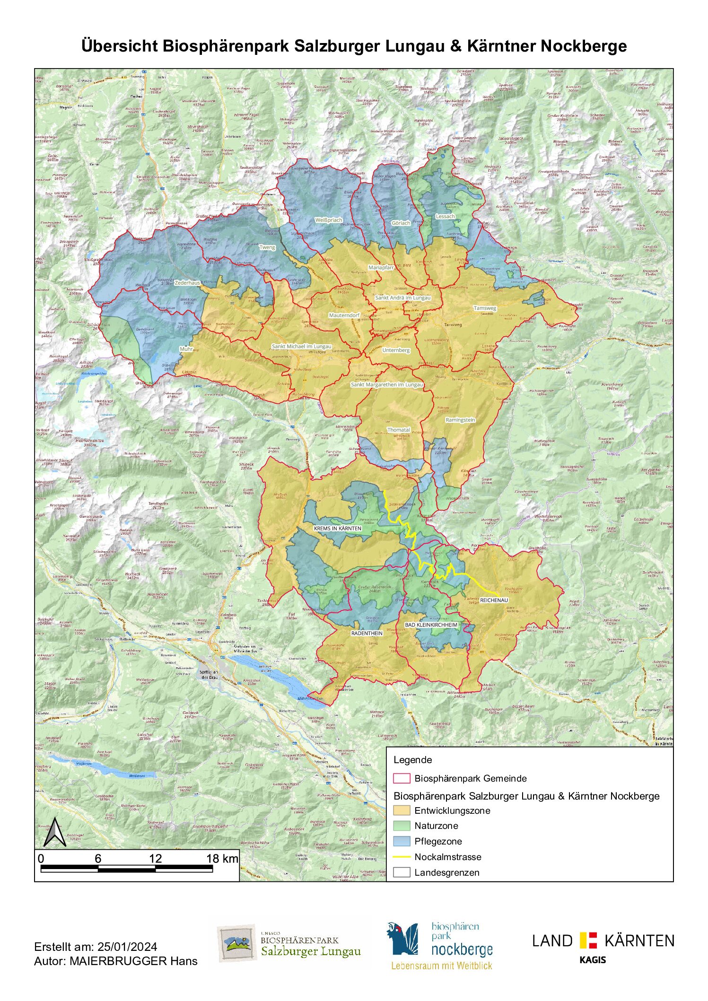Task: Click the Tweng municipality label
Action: click(267, 247)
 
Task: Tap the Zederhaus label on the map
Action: click(187, 283)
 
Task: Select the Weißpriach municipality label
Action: click(329, 220)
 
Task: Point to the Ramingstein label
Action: click(460, 420)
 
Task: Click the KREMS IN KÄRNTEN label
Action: click(338, 528)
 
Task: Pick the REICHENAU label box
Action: click(494, 600)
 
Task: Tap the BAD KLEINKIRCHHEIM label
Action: click(431, 625)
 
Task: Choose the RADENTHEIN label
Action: click(367, 633)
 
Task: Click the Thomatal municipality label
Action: click(399, 430)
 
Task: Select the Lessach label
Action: click(445, 216)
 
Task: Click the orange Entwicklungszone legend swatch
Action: click(402, 810)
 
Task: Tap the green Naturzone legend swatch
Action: click(402, 826)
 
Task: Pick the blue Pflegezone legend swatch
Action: click(402, 841)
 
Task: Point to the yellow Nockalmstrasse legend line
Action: click(402, 857)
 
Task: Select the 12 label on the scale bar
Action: click(156, 858)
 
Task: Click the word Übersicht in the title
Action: click(120, 46)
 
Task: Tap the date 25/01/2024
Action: click(127, 947)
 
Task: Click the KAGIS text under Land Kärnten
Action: click(593, 960)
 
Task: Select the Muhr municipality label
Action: click(186, 349)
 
